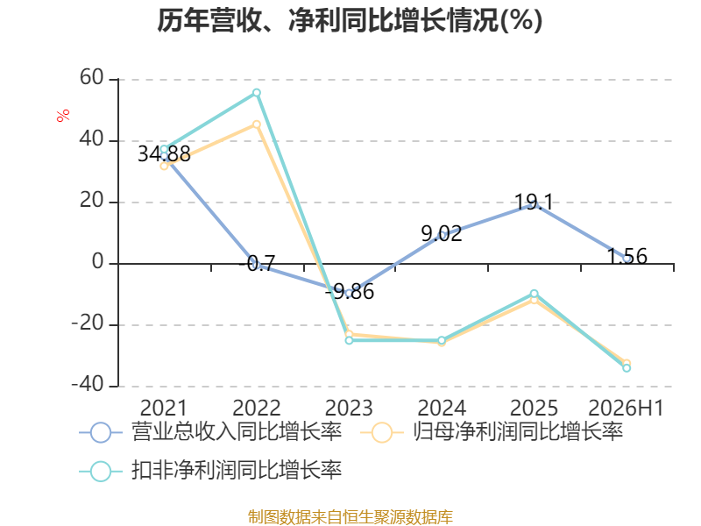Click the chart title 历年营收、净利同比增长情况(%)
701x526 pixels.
[x=350, y=20]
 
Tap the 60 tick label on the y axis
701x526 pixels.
[x=92, y=77]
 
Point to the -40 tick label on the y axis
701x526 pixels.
[x=88, y=384]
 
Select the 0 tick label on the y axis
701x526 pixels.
[x=98, y=261]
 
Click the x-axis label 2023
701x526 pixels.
[x=349, y=408]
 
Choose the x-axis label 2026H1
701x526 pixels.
[x=626, y=408]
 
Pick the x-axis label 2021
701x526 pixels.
[x=164, y=408]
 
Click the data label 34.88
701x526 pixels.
[x=164, y=154]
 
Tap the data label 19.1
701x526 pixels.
[x=534, y=203]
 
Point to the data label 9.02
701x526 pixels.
[x=442, y=233]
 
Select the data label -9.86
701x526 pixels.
[x=349, y=292]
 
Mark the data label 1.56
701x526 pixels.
[x=627, y=257]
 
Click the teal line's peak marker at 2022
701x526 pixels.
[x=257, y=93]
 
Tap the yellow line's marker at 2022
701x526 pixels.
[x=257, y=124]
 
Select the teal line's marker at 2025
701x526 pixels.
[x=535, y=294]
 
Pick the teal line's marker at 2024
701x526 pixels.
[x=442, y=340]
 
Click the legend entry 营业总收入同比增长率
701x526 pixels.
[x=210, y=432]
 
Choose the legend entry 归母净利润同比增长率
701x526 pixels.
[x=492, y=432]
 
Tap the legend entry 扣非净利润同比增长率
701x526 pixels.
[x=210, y=471]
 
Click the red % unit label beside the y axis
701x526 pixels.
[x=63, y=115]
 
